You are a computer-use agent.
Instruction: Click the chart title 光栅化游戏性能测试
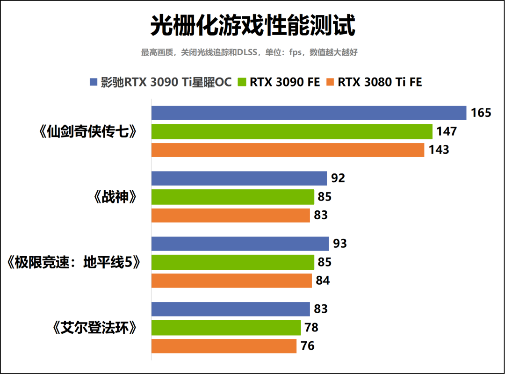click(x=252, y=26)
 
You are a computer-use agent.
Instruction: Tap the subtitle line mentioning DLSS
click(x=249, y=52)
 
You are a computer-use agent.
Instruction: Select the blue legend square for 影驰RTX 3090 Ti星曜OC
click(x=93, y=82)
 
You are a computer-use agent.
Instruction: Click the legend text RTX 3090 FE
click(x=284, y=82)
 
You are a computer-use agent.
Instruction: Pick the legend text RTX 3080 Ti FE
click(x=380, y=82)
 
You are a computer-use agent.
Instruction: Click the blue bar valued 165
click(x=309, y=113)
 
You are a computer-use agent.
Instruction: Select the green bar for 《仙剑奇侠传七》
click(x=292, y=131)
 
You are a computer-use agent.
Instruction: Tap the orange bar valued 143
click(x=288, y=150)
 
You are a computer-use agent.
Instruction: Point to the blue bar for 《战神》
click(x=239, y=178)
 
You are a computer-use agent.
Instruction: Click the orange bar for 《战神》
click(x=231, y=215)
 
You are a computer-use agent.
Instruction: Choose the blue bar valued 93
click(x=240, y=244)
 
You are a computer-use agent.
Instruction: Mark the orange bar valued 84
click(x=231, y=280)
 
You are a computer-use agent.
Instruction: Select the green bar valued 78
click(x=226, y=328)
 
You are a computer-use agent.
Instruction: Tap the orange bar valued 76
click(x=224, y=346)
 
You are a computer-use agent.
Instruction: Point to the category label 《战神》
click(x=115, y=197)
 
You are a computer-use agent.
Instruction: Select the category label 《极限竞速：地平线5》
click(x=74, y=263)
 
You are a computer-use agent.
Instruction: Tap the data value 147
click(x=447, y=131)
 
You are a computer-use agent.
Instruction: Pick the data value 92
click(x=338, y=178)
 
